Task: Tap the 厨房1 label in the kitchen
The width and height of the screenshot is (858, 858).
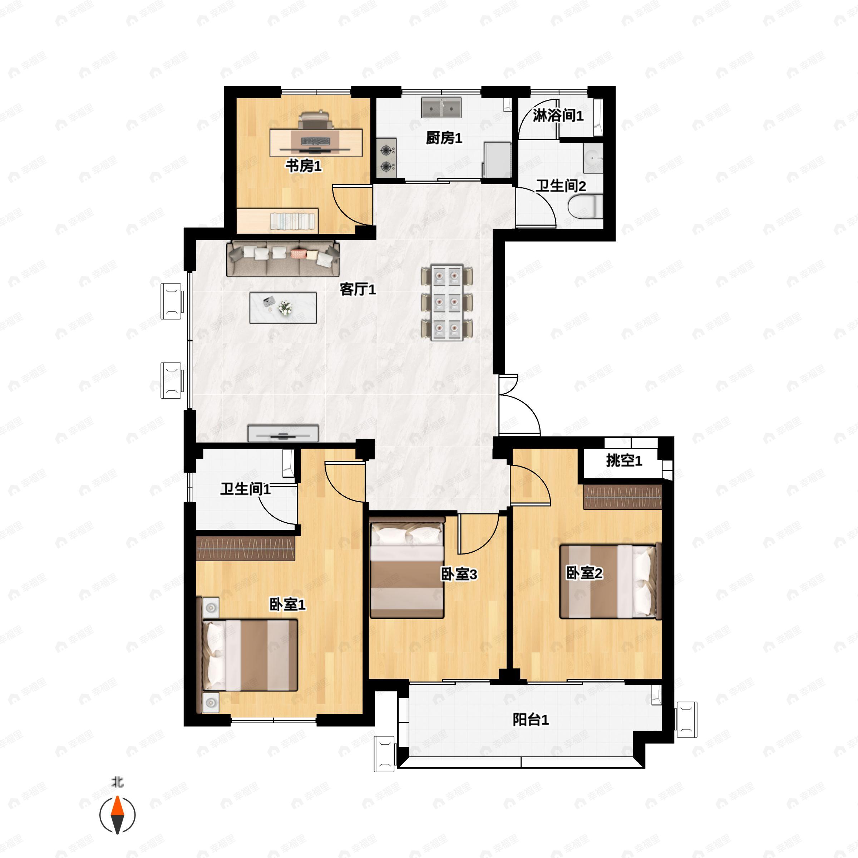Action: [x=444, y=138]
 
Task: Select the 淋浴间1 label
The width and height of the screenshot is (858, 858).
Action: [x=558, y=115]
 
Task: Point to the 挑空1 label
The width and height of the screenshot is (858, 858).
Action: [x=624, y=460]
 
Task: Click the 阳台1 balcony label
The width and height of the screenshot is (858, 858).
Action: [x=531, y=719]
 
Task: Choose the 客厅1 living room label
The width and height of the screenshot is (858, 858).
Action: [x=358, y=290]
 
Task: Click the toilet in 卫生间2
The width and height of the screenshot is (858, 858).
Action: [x=585, y=207]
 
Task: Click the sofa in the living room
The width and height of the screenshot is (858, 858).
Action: [x=283, y=258]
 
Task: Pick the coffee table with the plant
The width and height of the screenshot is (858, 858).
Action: [x=283, y=307]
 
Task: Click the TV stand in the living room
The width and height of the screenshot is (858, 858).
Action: [x=283, y=433]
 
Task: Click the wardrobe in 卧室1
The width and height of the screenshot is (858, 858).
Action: [x=246, y=548]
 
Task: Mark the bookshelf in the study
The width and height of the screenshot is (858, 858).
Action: [x=277, y=220]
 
